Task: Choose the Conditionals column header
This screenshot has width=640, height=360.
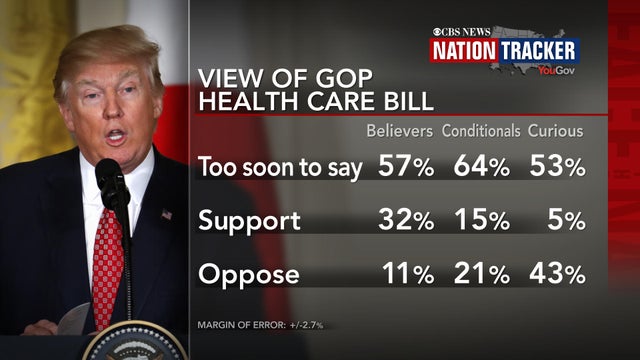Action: [x=481, y=130]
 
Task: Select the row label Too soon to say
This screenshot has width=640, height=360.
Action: [x=280, y=167]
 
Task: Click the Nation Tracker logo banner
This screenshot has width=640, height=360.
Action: [x=503, y=50]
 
